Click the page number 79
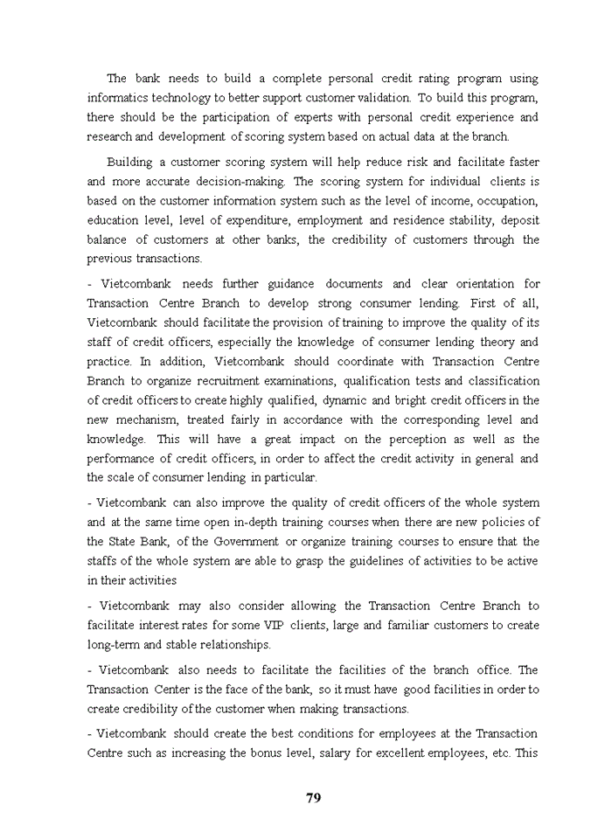313,797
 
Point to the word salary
398,753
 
